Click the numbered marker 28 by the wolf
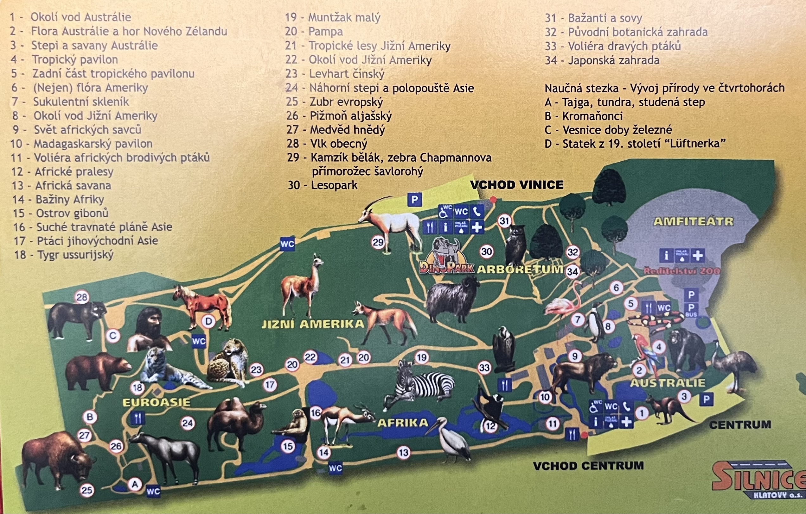[x=82, y=297]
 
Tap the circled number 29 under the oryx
[x=378, y=242]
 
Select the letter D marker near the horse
[x=208, y=321]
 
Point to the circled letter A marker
[x=135, y=484]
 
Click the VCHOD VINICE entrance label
[x=517, y=185]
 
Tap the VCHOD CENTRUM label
[x=588, y=466]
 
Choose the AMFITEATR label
[x=693, y=222]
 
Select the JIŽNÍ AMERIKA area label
[x=313, y=324]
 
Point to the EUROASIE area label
[x=156, y=402]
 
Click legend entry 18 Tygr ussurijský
[x=64, y=255]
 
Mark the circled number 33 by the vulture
[x=484, y=368]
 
